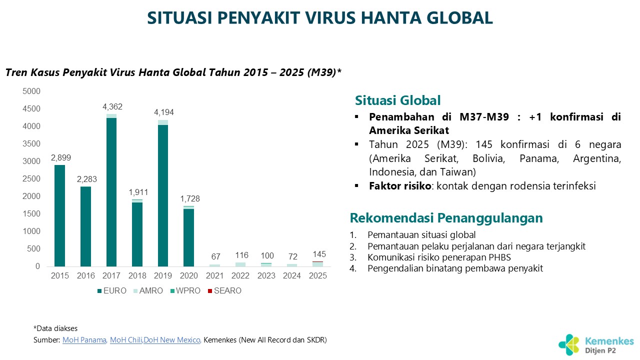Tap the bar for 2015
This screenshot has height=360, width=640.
tap(59, 215)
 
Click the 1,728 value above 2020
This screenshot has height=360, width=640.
tap(188, 198)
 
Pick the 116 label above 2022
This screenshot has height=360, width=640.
tap(241, 255)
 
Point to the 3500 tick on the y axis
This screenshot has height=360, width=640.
tap(31, 143)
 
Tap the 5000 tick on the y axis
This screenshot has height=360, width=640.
tap(31, 91)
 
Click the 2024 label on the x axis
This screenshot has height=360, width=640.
tap(292, 275)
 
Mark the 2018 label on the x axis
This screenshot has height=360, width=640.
tap(137, 275)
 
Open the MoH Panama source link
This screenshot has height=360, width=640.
tap(84, 340)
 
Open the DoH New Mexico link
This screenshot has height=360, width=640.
tap(172, 340)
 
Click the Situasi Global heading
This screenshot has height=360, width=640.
tap(398, 100)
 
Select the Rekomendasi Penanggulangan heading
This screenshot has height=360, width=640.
tap(446, 218)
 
